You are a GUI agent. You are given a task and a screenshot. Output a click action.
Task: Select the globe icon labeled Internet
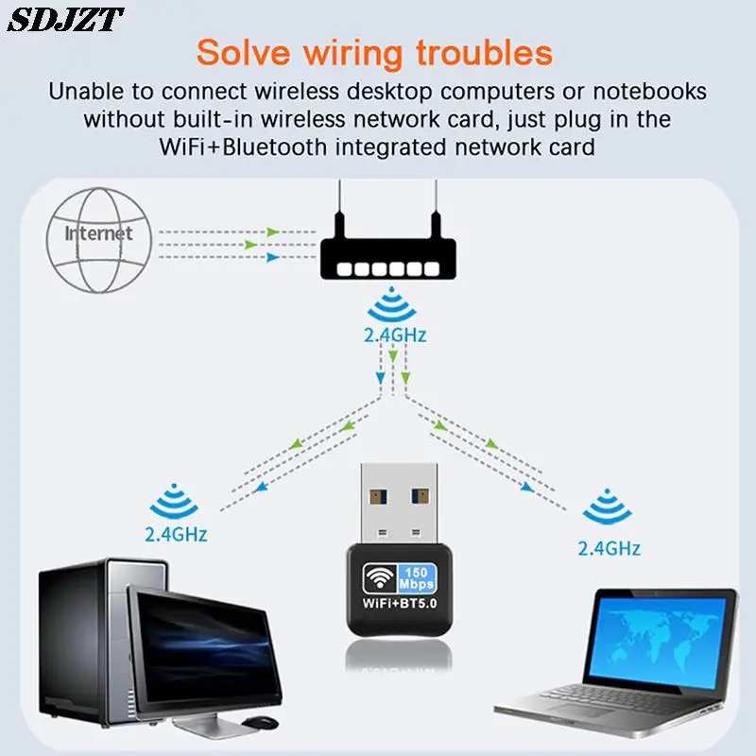[97, 238]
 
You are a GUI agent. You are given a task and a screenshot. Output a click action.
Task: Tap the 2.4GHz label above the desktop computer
[176, 534]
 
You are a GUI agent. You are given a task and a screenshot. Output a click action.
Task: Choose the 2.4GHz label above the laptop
[610, 548]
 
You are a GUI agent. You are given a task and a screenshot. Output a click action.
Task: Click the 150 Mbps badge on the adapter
[420, 576]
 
